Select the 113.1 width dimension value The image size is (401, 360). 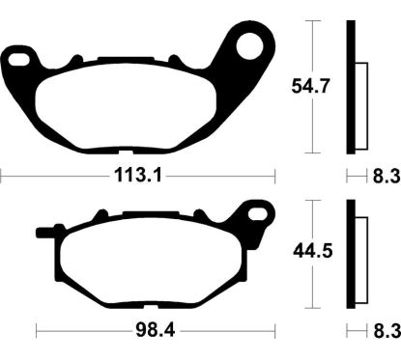136,177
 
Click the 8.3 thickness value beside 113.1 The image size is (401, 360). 385,177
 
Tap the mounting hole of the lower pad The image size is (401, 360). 257,214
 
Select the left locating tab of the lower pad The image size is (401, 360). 45,232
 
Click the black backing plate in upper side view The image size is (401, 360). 352,87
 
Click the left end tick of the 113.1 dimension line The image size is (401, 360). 3,177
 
